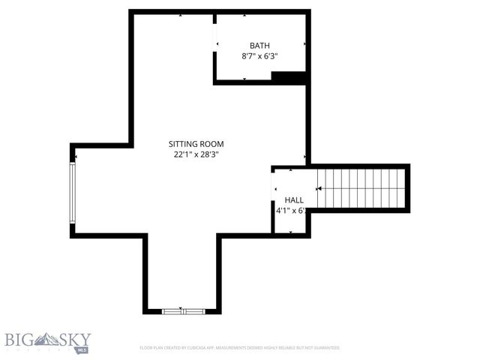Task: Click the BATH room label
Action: point(260,45)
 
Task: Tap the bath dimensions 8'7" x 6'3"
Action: point(260,56)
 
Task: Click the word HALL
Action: point(294,200)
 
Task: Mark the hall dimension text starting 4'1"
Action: point(291,211)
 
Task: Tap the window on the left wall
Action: point(73,193)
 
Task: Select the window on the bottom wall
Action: point(183,310)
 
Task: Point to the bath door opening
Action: point(215,44)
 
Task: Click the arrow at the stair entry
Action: point(319,189)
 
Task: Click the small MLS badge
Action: point(82,350)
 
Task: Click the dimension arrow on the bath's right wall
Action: point(304,45)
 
